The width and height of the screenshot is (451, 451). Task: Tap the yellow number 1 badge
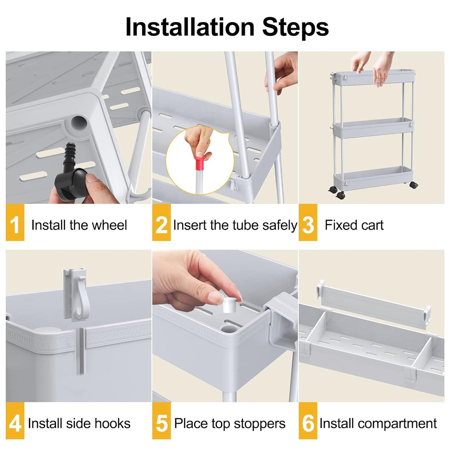[15, 222]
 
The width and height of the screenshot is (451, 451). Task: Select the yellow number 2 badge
[161, 222]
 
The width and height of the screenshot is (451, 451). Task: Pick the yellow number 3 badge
[308, 222]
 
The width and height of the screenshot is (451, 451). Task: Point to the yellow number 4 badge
[15, 421]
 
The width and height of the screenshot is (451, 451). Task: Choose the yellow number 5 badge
[161, 421]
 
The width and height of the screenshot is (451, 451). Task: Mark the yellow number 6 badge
[308, 421]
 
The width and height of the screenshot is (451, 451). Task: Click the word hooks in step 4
[115, 423]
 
